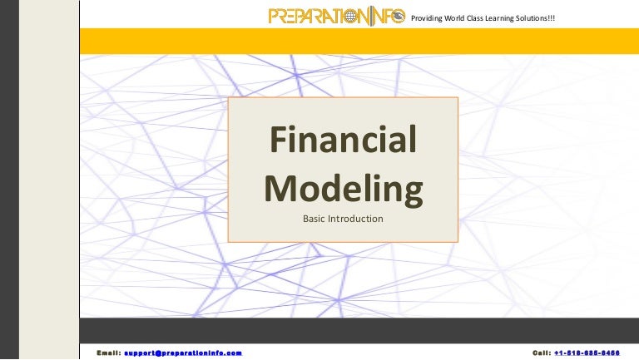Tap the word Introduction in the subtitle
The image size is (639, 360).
358,219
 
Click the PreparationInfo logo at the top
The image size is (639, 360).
337,16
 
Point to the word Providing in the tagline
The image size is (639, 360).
430,17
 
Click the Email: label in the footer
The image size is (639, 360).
108,353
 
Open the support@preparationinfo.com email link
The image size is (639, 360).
183,353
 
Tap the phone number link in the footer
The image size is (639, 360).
592,353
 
